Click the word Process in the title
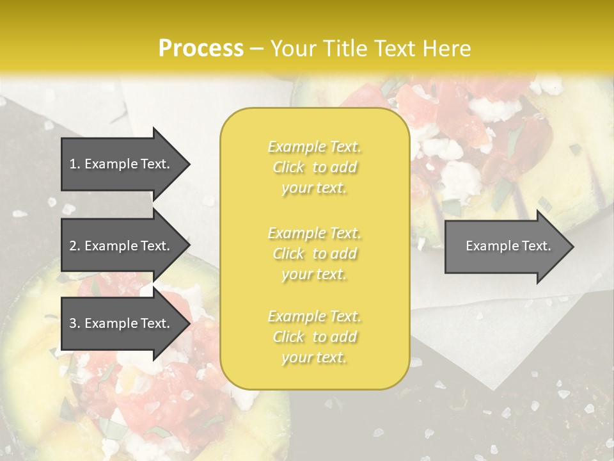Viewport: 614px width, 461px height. [x=201, y=49]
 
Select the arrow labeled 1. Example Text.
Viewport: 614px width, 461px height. [x=122, y=164]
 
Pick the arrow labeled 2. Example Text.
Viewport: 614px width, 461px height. [x=122, y=246]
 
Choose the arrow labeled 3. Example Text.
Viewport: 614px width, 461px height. [x=122, y=323]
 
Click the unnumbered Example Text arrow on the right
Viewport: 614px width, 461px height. [x=505, y=246]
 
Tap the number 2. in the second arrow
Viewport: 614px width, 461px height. [x=75, y=246]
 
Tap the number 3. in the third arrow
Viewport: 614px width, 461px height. [x=75, y=323]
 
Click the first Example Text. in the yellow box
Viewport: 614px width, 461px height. [x=314, y=147]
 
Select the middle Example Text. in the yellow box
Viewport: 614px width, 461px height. [x=314, y=233]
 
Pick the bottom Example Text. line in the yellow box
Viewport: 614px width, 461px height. [x=314, y=316]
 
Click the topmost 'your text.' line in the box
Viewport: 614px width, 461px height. [x=314, y=188]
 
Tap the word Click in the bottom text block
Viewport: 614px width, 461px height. [x=288, y=337]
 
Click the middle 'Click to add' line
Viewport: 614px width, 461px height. [x=314, y=254]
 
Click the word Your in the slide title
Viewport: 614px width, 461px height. [x=292, y=49]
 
